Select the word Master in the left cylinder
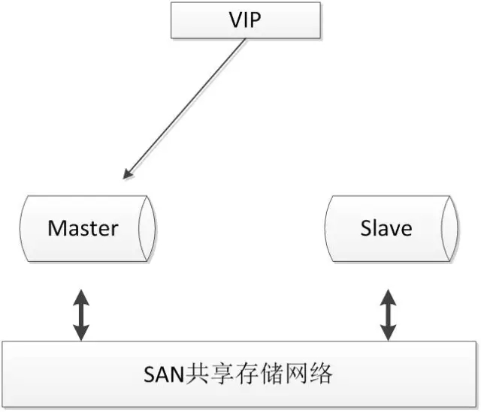pos(83,227)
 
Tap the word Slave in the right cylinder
pos(386,227)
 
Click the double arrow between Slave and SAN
pos(388,314)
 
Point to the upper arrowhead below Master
pos(80,295)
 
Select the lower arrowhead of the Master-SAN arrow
pos(80,335)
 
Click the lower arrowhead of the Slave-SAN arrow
pos(388,335)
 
